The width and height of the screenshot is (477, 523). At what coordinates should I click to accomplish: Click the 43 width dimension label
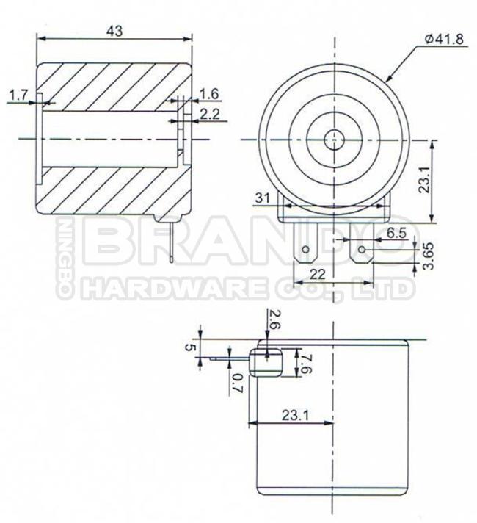114,31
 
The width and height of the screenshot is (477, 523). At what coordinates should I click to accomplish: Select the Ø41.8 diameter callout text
444,39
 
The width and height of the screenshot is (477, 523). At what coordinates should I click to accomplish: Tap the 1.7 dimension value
18,95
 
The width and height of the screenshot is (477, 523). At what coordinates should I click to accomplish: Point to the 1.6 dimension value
209,94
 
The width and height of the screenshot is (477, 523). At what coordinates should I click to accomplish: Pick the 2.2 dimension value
210,114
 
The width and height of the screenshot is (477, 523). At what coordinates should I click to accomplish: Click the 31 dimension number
262,198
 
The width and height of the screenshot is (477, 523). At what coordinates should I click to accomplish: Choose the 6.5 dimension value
396,232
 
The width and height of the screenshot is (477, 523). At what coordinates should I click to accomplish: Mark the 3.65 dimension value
429,256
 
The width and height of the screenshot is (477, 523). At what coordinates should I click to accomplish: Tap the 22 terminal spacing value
317,274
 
